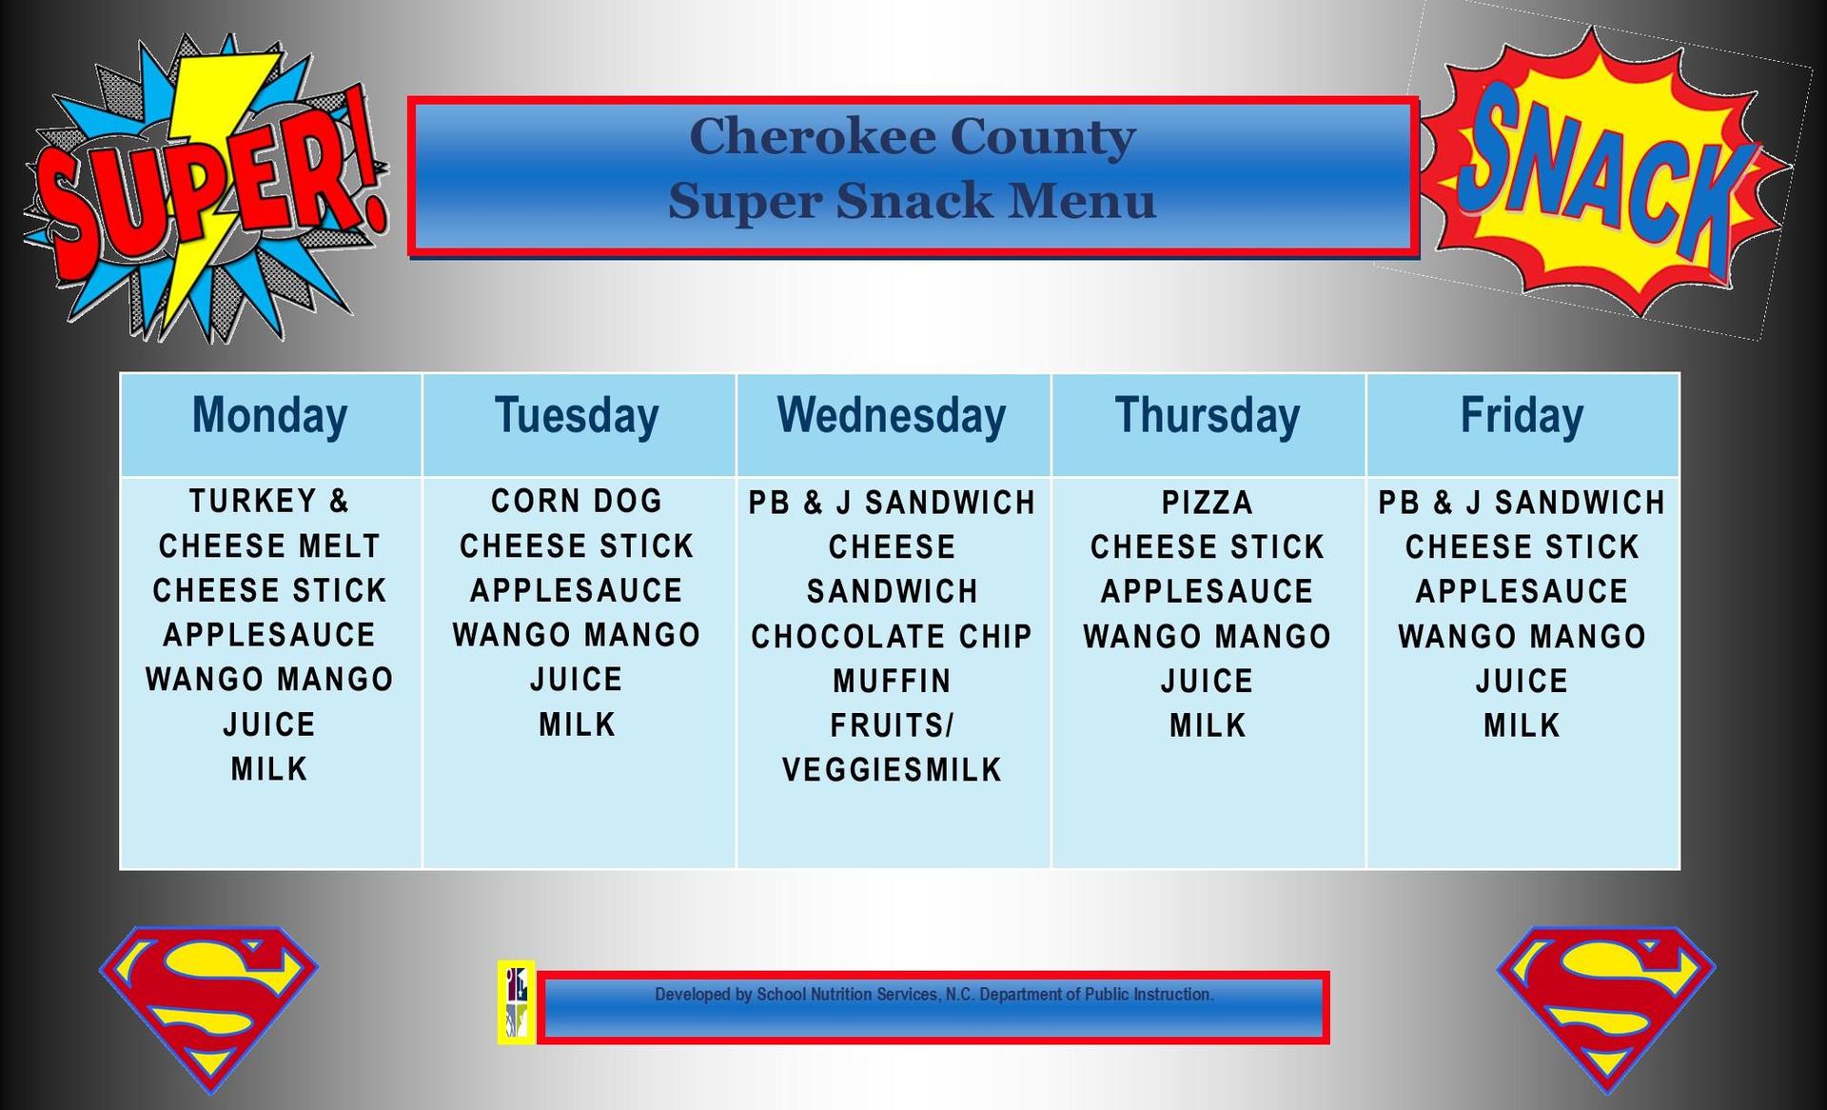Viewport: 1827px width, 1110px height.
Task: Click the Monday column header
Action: [x=270, y=416]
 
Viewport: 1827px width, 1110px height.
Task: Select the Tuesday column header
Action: [x=577, y=416]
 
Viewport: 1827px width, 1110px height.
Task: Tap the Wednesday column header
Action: [x=892, y=416]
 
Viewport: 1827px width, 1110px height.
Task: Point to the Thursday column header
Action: [x=1207, y=416]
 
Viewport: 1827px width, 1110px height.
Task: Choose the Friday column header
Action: [x=1522, y=416]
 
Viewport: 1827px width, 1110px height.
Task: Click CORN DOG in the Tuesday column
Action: [x=577, y=501]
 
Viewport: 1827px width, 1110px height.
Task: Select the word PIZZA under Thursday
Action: [x=1207, y=503]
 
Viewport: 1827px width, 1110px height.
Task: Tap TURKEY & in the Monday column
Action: [x=270, y=501]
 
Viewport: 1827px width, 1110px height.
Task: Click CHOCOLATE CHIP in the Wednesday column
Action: [x=892, y=636]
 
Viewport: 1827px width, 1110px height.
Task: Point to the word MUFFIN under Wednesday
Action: [x=892, y=681]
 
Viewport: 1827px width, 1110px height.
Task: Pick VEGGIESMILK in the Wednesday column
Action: [x=892, y=769]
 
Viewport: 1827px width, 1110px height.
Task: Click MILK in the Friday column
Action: [x=1522, y=725]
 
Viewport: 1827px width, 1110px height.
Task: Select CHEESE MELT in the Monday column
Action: [x=270, y=545]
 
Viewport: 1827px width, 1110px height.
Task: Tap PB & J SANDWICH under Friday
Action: [x=1522, y=503]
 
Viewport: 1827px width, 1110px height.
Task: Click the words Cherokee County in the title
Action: [x=912, y=136]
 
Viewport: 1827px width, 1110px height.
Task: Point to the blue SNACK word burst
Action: [x=1608, y=171]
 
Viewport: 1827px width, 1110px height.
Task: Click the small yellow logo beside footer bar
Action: [x=517, y=1002]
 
